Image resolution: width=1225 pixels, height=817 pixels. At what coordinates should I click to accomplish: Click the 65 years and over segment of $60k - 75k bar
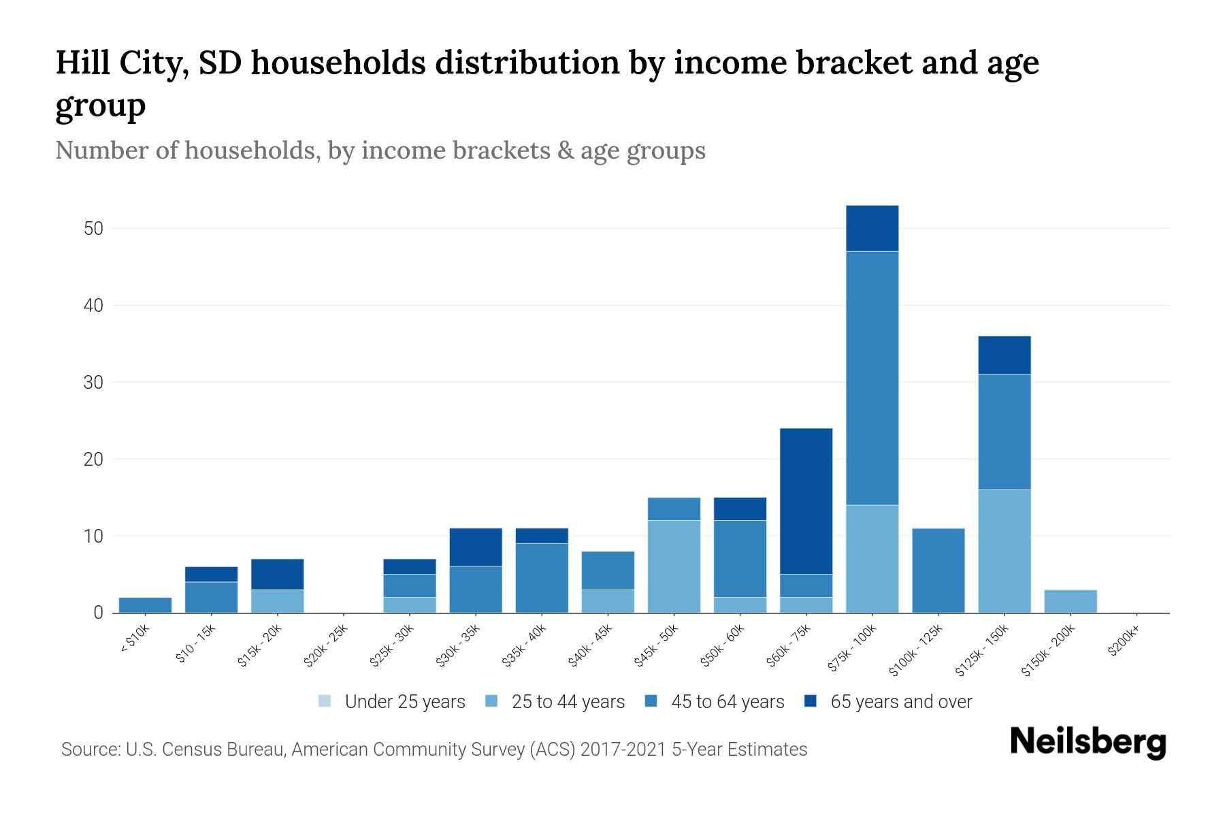click(x=806, y=501)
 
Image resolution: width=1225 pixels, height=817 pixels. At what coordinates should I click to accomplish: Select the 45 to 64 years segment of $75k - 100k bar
click(x=872, y=378)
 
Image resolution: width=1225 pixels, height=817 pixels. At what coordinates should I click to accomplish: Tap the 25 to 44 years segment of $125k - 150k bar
click(x=1004, y=551)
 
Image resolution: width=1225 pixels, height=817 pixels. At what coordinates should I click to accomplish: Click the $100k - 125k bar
click(x=938, y=571)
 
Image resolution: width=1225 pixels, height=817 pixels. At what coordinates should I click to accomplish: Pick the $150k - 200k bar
click(x=1070, y=601)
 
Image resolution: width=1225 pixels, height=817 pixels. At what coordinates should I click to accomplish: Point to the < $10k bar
click(x=145, y=605)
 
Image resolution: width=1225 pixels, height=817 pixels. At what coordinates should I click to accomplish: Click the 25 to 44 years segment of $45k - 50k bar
click(x=674, y=566)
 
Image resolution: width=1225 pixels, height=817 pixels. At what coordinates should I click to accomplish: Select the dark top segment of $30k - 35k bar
click(x=476, y=547)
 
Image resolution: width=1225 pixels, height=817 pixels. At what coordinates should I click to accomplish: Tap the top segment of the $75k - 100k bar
click(x=872, y=229)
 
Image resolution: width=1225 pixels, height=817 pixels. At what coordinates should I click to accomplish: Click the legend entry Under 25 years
click(x=404, y=702)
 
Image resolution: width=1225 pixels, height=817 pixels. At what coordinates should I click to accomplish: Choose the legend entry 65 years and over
click(x=900, y=702)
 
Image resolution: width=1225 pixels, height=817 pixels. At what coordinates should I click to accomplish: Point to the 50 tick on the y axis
click(x=93, y=229)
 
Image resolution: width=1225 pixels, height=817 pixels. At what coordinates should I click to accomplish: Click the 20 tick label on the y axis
click(x=93, y=460)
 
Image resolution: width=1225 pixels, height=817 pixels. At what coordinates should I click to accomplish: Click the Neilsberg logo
click(x=1088, y=743)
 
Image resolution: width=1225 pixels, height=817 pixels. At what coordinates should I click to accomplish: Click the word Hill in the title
click(x=83, y=63)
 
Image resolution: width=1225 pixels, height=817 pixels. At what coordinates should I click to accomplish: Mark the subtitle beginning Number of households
click(x=380, y=150)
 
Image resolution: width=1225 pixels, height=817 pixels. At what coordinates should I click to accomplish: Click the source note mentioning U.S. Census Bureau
click(x=434, y=750)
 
